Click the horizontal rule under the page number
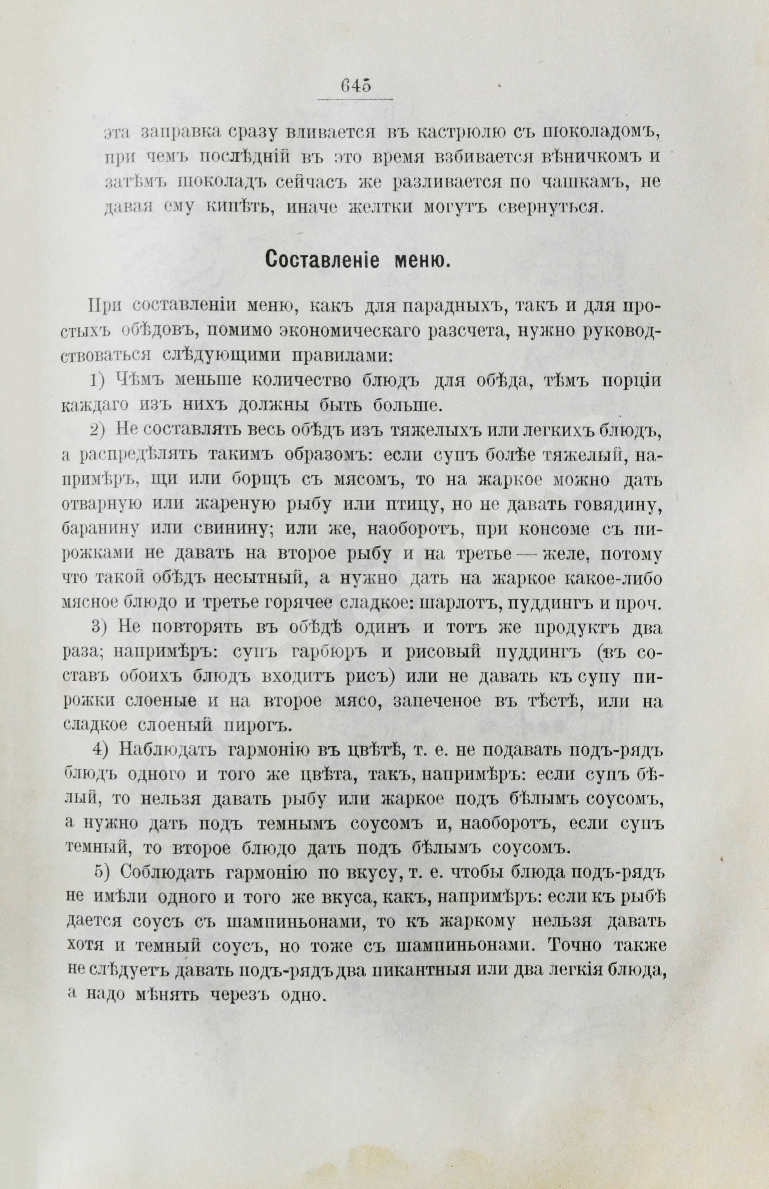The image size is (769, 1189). tap(355, 99)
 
